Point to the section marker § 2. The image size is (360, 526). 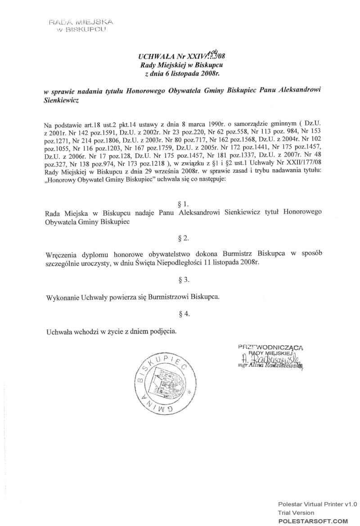(x=183, y=237)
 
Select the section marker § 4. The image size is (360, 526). (x=183, y=314)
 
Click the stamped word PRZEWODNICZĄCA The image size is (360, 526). (x=270, y=347)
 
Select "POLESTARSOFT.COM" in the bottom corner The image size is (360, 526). (x=313, y=521)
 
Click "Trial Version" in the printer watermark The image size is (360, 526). (x=296, y=513)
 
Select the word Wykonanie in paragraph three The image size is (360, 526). (x=63, y=297)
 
